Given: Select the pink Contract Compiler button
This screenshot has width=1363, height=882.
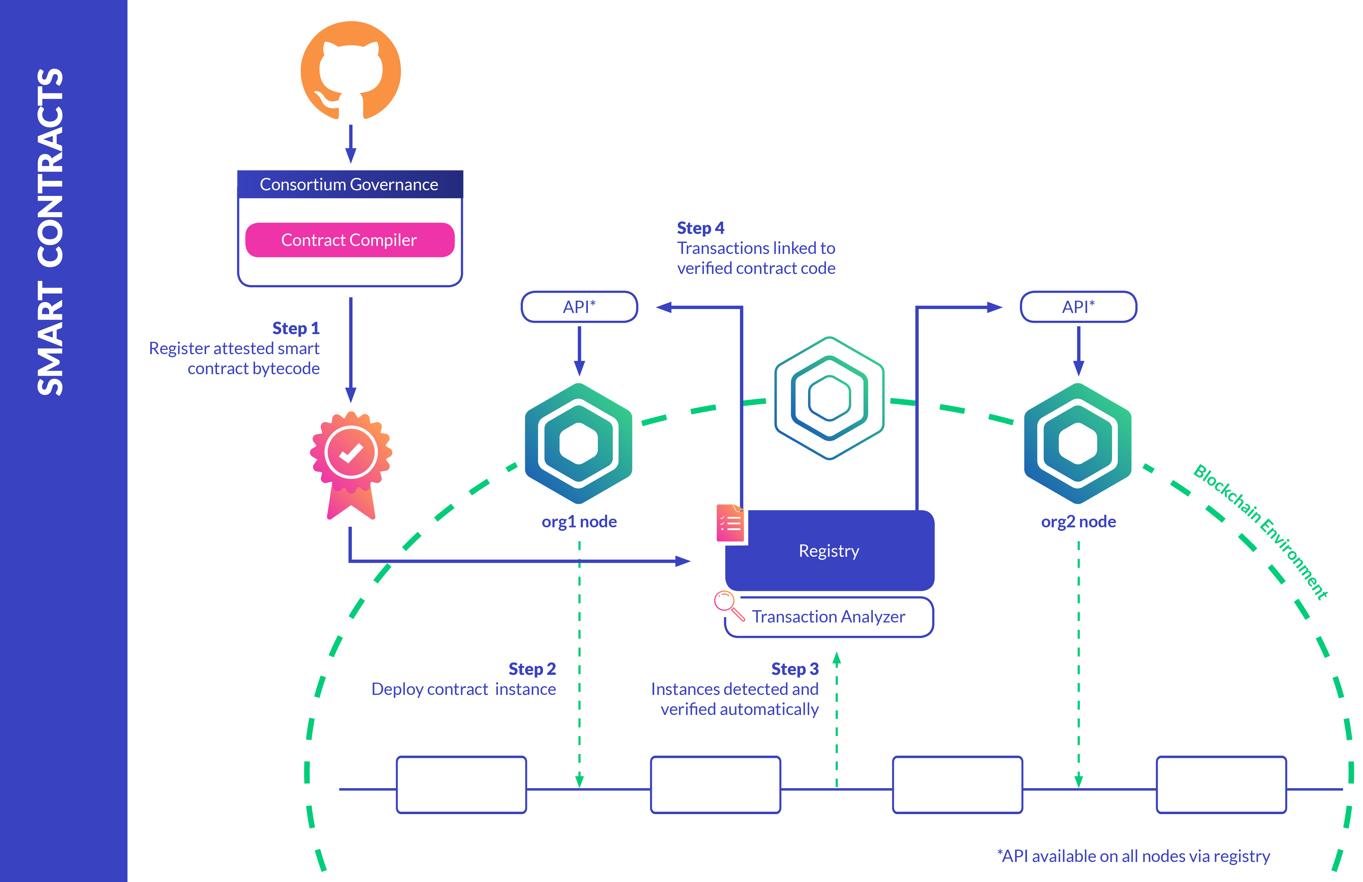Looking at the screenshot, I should click(349, 240).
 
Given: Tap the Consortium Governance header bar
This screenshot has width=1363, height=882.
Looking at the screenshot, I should click(349, 184).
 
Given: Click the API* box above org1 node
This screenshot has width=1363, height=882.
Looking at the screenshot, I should click(579, 307).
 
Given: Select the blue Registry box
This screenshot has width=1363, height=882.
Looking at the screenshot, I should click(829, 551).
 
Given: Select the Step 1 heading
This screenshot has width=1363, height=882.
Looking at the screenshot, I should click(296, 328).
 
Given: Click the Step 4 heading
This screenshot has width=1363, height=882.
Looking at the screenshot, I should click(700, 228).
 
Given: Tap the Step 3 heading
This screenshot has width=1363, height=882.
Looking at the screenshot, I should click(795, 669).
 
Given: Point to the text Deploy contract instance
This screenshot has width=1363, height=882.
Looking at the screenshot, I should click(463, 689).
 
